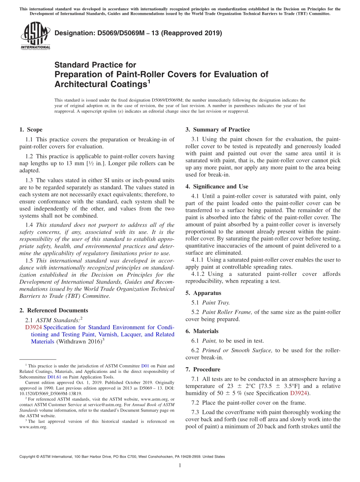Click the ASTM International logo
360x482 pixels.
click(x=35, y=36)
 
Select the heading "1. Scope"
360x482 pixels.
click(x=31, y=130)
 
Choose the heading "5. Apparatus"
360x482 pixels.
click(x=203, y=293)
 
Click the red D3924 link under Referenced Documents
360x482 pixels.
click(x=33, y=327)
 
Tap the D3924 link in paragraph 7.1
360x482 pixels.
click(x=298, y=393)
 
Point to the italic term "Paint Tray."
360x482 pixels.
click(x=216, y=302)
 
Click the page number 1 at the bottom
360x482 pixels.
click(x=180, y=465)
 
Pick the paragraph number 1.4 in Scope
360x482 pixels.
click(x=30, y=225)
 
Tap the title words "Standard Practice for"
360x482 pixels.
click(x=95, y=65)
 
